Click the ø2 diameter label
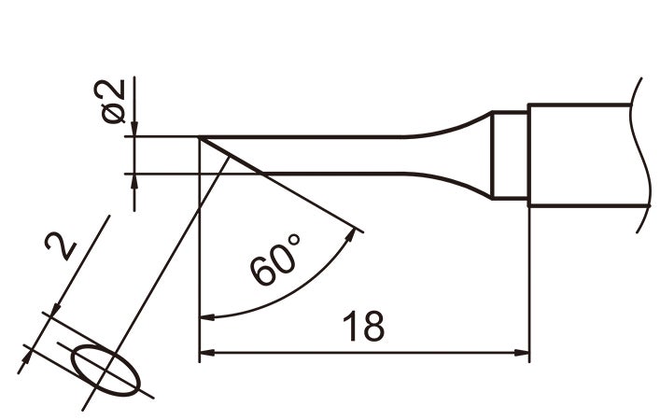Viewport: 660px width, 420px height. point(112,102)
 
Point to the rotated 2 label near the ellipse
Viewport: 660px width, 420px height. point(62,247)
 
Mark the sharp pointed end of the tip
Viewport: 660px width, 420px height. point(201,138)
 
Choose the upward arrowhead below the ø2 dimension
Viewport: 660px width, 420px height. point(135,183)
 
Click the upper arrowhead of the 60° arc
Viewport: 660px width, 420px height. point(355,234)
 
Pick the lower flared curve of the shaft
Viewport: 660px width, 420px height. point(448,182)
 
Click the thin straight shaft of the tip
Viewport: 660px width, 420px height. point(327,155)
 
